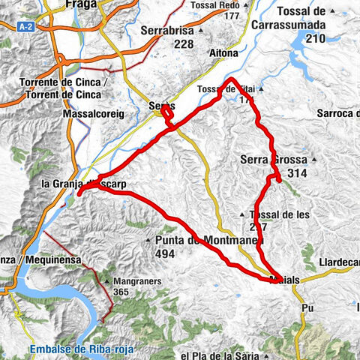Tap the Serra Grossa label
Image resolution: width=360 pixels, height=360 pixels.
tap(269, 159)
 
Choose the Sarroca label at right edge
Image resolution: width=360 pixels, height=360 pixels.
tap(337, 112)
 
